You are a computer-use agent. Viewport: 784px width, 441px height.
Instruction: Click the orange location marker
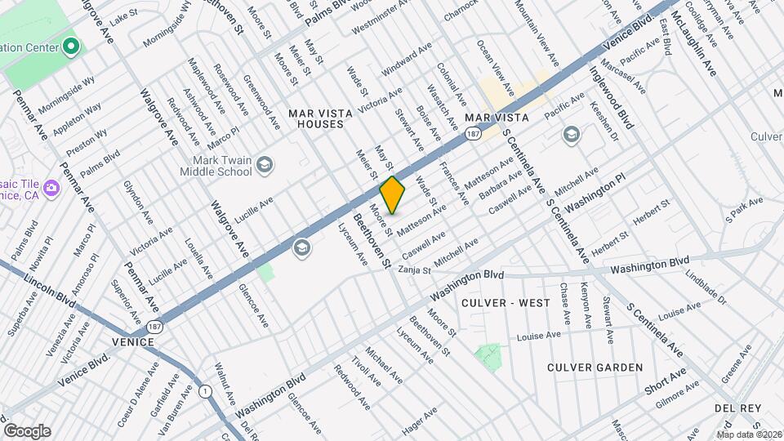(x=393, y=194)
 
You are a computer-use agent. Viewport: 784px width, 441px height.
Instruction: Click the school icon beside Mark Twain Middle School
(x=264, y=166)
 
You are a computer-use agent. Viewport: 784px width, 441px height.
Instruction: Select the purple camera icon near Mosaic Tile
(x=51, y=188)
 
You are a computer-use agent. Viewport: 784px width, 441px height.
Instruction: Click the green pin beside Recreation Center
(x=71, y=46)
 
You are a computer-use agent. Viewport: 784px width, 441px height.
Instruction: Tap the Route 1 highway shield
(x=204, y=392)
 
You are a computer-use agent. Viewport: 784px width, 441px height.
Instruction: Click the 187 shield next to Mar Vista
(x=473, y=132)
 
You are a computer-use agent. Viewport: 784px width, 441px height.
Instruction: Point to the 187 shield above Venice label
(x=155, y=326)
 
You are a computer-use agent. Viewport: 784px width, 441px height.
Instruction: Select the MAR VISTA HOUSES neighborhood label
(x=320, y=118)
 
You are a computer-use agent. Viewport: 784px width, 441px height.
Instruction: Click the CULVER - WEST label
(x=506, y=303)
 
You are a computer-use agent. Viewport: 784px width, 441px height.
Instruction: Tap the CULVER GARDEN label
(x=595, y=367)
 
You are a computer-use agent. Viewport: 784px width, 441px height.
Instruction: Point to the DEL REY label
(x=737, y=408)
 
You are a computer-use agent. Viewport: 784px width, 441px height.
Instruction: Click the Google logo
(x=27, y=431)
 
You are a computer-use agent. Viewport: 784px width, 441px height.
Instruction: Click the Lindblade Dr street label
(x=706, y=287)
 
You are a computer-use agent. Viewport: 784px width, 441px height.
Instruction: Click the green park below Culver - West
(x=488, y=357)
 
